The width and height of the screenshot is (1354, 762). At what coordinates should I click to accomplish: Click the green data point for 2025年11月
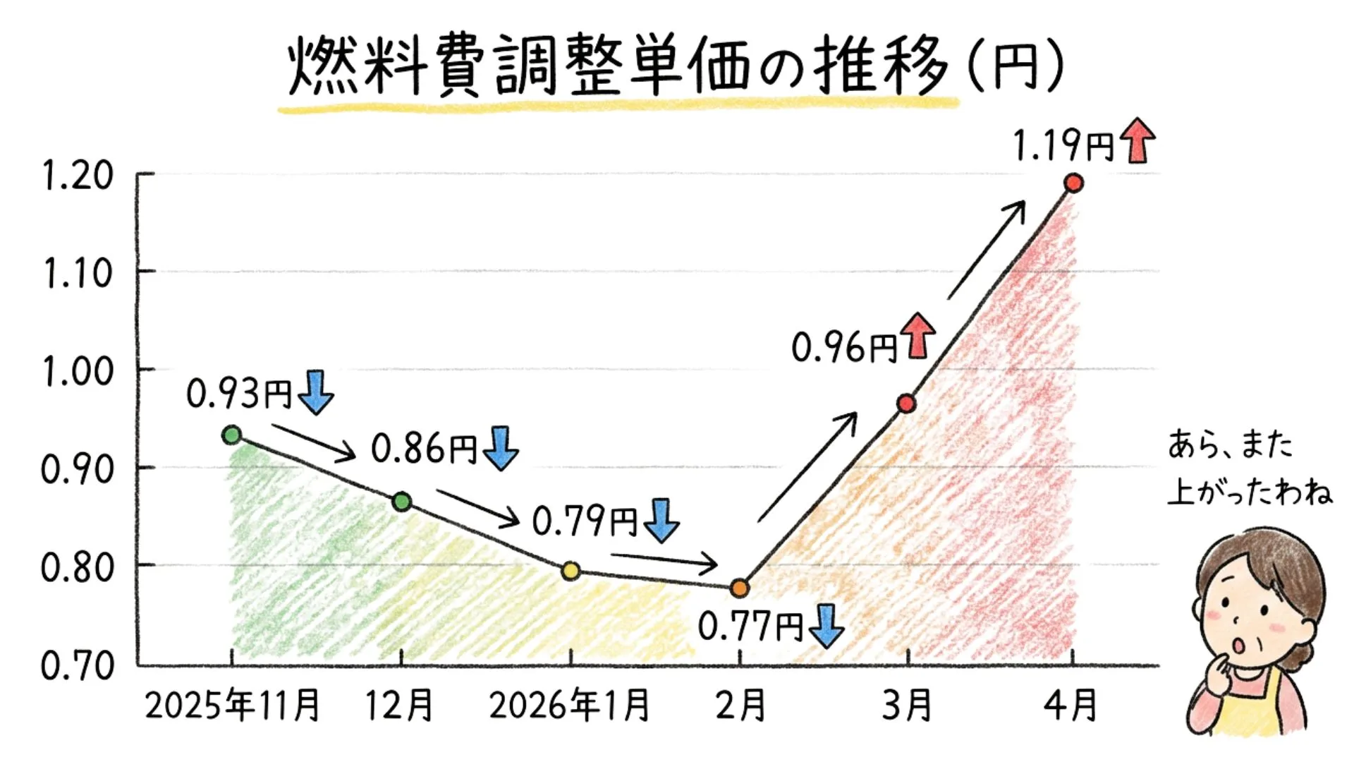(231, 435)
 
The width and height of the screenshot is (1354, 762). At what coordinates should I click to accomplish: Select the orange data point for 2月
(739, 587)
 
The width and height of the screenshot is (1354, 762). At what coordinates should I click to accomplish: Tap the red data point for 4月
(1073, 183)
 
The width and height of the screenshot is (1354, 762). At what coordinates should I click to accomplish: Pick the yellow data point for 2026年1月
(571, 570)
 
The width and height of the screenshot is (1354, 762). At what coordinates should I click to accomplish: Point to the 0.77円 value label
(750, 626)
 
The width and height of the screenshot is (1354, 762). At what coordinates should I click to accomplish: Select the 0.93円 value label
(238, 393)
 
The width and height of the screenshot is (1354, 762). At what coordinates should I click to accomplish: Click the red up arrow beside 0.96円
(918, 335)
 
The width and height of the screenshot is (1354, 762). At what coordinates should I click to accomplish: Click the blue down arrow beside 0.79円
(661, 521)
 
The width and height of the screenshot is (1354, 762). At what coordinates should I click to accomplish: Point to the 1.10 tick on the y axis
(78, 273)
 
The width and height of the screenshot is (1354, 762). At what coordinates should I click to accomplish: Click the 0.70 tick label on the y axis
(78, 665)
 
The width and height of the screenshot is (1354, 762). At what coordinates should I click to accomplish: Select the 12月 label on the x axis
(399, 705)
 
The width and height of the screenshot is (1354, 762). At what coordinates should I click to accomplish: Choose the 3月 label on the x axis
(907, 705)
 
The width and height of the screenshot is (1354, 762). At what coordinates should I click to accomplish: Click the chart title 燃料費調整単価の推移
(617, 67)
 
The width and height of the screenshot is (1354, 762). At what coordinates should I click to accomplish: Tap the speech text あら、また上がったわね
(1248, 467)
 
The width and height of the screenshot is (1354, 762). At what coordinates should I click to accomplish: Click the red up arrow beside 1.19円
(1138, 140)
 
